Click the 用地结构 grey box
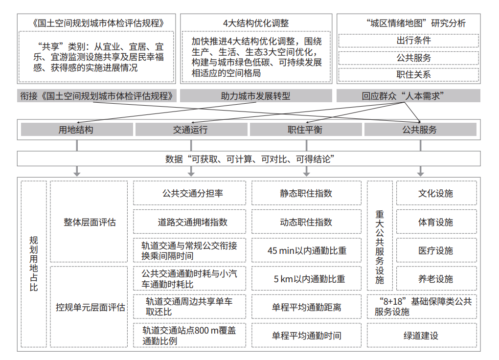pos(77,130)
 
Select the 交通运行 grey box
pos(191,130)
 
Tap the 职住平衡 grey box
pos(306,130)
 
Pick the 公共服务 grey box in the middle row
pos(420,130)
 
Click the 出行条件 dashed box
pos(408,41)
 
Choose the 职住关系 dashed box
pos(408,74)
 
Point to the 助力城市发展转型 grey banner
pos(256,96)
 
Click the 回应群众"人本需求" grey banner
pos(408,96)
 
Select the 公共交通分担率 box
pos(189,193)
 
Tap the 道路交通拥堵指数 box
pos(189,222)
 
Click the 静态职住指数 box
pos(306,193)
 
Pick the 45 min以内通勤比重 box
pos(306,250)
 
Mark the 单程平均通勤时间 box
pos(306,335)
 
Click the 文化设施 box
pos(436,193)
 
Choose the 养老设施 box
pos(436,278)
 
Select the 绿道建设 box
pos(422,335)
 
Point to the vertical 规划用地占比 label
pos(34,264)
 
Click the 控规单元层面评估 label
pos(90,307)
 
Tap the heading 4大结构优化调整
pos(256,23)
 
